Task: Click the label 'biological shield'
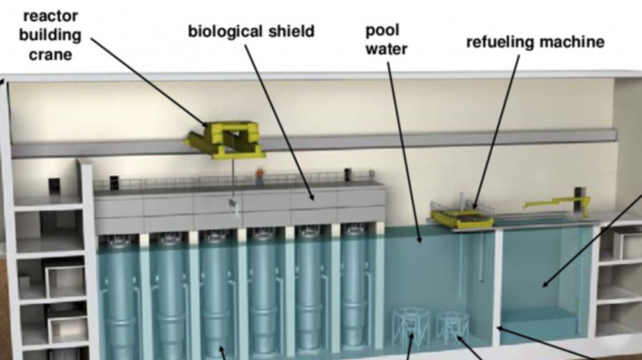point(251,32)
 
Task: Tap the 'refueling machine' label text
point(535,42)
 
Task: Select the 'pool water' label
point(386,39)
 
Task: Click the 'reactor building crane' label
point(50,35)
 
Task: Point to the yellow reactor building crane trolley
point(224,139)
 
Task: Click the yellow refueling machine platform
point(462,215)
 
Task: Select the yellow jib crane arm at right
point(558,203)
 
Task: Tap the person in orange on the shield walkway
point(260,176)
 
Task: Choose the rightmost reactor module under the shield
point(353,286)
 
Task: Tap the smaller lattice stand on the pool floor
point(452,328)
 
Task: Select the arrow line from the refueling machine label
point(496,132)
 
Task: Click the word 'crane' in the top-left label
point(51,55)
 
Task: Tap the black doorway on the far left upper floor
point(55,186)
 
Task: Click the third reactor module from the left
point(216,294)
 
